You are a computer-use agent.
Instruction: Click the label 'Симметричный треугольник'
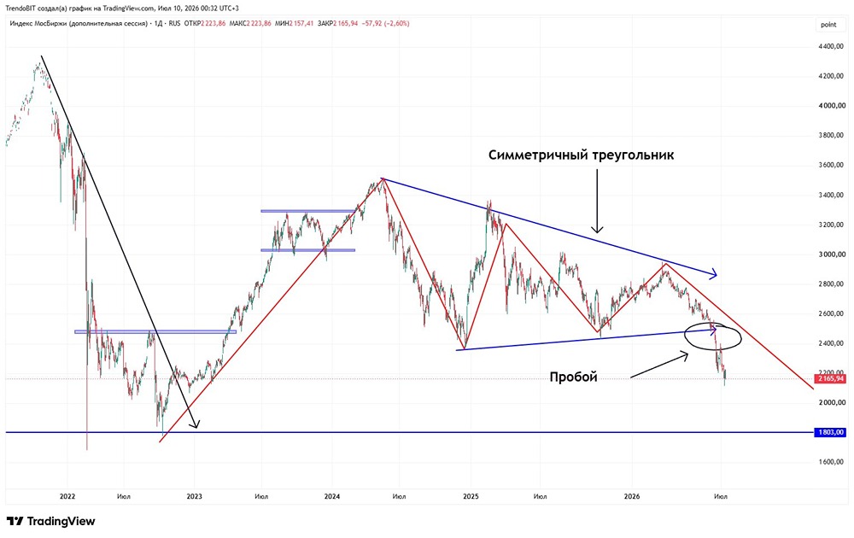[x=581, y=155]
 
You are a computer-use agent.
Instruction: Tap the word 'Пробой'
[x=574, y=377]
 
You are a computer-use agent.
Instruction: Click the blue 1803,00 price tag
[x=831, y=432]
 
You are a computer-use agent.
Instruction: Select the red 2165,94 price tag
[x=831, y=378]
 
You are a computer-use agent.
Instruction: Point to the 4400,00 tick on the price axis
[x=832, y=47]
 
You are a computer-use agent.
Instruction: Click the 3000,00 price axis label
[x=832, y=254]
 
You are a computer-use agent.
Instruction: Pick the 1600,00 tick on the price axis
[x=832, y=462]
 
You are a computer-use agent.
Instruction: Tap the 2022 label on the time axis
[x=67, y=496]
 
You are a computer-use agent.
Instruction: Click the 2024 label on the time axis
[x=331, y=496]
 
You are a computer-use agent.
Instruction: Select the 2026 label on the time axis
[x=632, y=496]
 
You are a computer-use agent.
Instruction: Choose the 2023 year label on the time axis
[x=194, y=496]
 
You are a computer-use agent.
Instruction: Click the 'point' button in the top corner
[x=828, y=25]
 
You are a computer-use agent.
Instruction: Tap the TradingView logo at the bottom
[x=50, y=521]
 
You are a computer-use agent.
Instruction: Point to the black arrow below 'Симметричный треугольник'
[x=597, y=201]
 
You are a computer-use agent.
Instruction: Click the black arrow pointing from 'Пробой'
[x=659, y=365]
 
